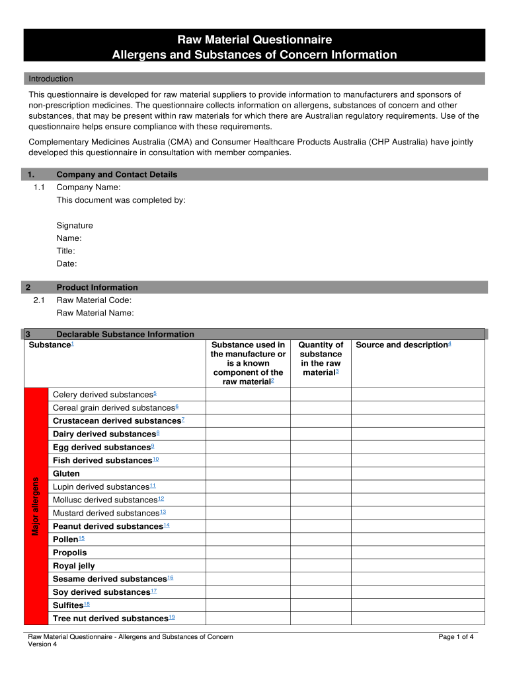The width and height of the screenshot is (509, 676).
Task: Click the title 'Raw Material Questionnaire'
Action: pos(255,40)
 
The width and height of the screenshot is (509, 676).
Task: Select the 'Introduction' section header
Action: pos(51,79)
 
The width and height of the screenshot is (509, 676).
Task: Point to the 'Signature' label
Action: pos(75,225)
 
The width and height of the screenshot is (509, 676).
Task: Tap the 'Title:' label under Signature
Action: pos(65,251)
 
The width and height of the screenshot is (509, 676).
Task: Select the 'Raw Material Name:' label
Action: pos(95,313)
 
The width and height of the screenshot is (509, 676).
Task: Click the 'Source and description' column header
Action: pos(403,345)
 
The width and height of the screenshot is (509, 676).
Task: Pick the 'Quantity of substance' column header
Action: pos(321,358)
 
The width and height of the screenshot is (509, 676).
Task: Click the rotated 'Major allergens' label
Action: pos(36,506)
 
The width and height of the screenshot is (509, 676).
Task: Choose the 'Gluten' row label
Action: pos(66,473)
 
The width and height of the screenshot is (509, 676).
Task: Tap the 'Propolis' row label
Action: pos(69,553)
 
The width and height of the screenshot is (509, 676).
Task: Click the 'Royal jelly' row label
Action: pos(74,566)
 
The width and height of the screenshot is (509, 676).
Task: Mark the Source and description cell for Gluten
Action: pos(417,473)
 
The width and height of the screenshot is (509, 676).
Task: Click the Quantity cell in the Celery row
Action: pos(320,394)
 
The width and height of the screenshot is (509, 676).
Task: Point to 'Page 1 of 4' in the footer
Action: pos(455,637)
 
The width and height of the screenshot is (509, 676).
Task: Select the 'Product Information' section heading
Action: pos(97,287)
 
